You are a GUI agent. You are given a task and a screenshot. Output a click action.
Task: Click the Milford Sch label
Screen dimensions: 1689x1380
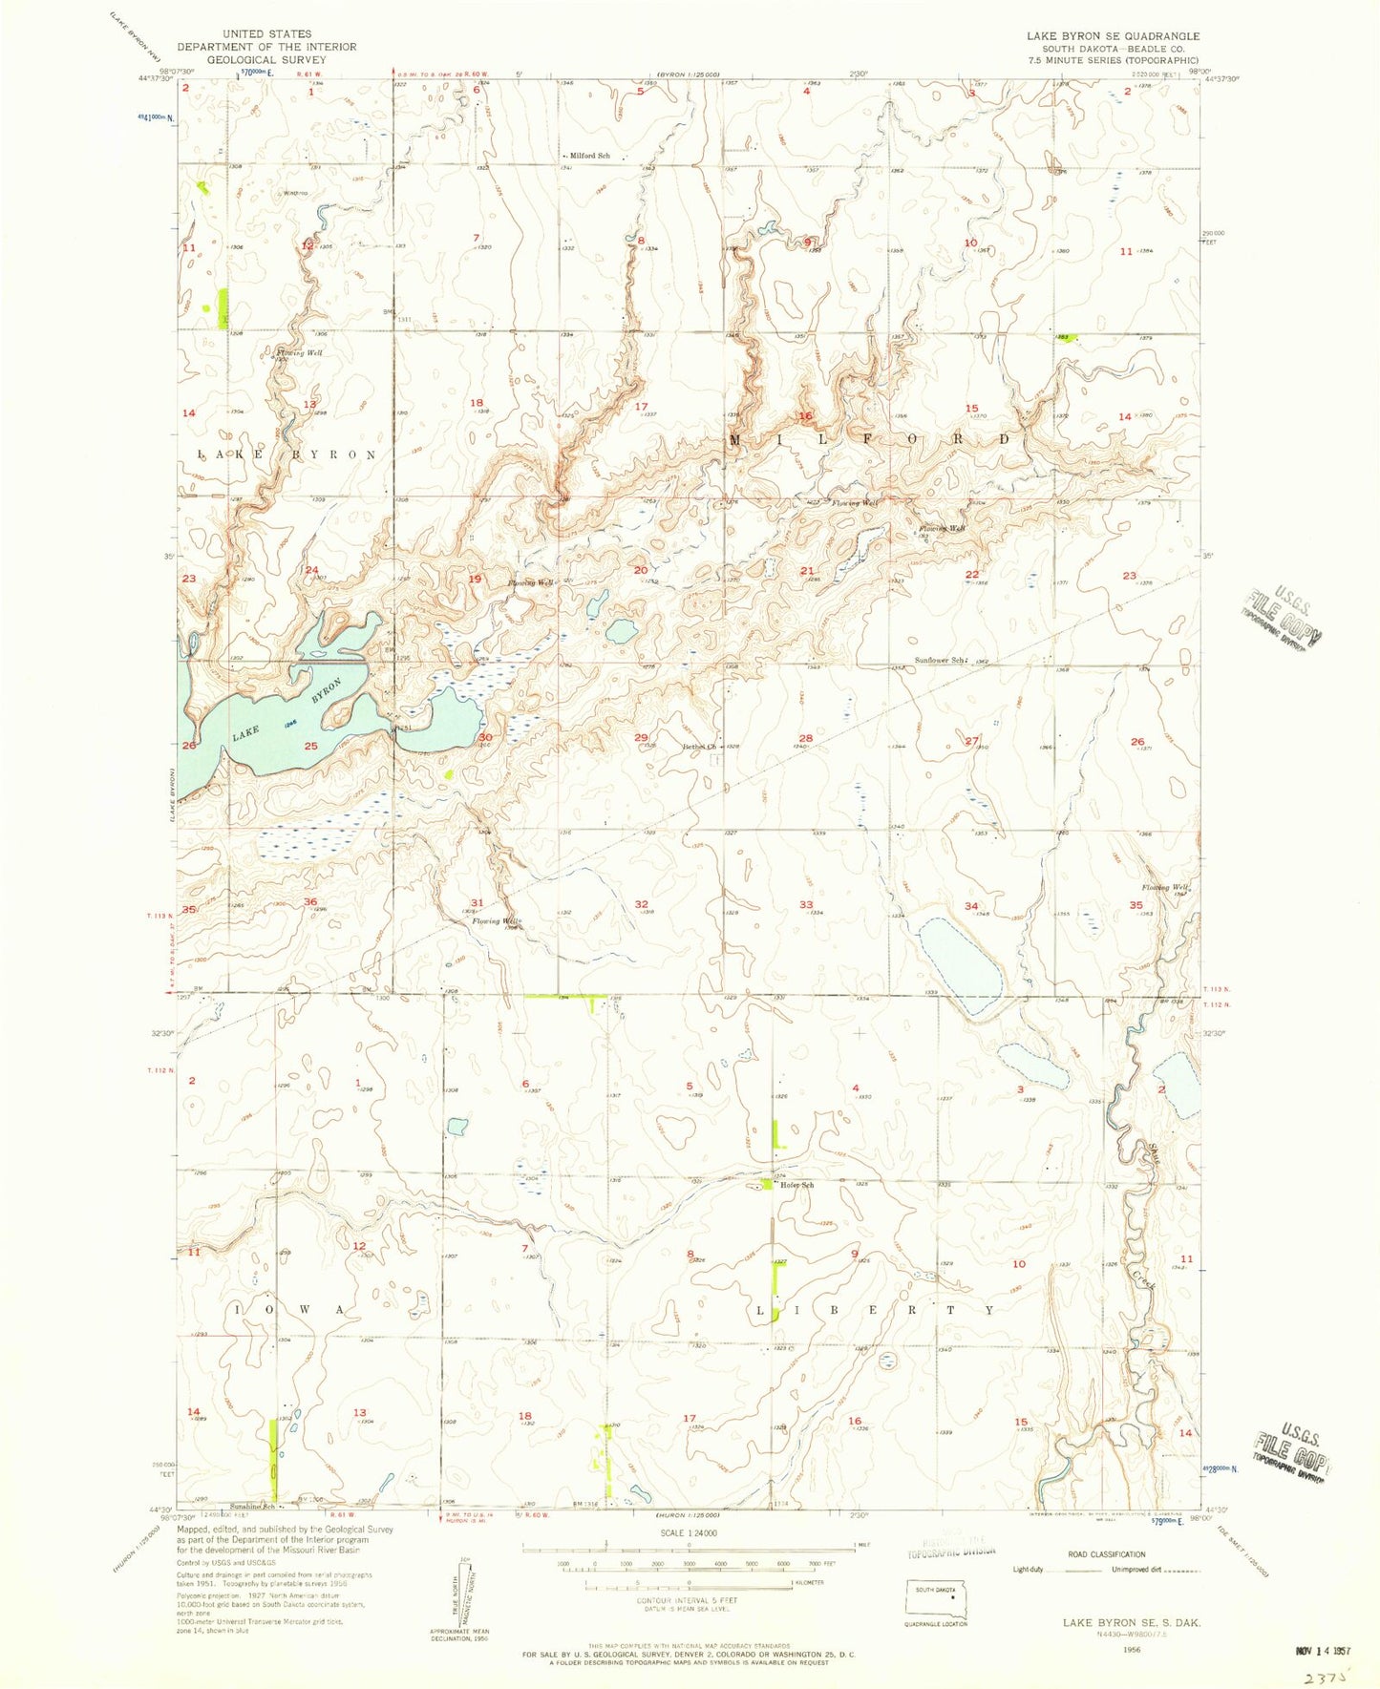point(590,156)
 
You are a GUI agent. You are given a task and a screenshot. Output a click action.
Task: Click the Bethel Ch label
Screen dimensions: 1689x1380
point(698,747)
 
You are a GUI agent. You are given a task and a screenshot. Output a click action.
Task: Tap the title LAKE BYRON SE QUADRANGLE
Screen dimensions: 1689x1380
point(1113,35)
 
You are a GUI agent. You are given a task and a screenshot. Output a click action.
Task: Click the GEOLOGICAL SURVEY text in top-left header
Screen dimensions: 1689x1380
point(266,59)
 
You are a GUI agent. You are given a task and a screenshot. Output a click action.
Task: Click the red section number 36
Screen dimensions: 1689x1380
point(310,902)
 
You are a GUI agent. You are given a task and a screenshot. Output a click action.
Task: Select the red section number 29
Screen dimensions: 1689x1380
point(641,737)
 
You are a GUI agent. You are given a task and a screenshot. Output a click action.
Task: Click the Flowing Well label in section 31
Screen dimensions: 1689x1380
point(497,920)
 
